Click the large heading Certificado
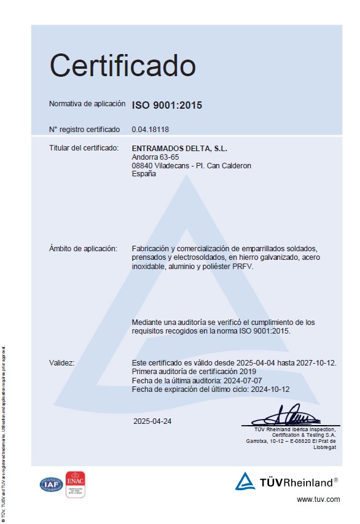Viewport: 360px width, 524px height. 122,66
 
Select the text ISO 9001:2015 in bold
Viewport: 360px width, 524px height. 166,106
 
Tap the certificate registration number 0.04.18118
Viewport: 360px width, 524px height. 150,130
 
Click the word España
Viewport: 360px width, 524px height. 144,174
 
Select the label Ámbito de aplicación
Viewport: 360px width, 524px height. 82,249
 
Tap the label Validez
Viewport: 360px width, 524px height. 61,363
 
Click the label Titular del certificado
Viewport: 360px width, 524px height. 83,149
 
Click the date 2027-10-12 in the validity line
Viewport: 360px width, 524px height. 317,363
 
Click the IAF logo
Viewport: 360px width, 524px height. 52,484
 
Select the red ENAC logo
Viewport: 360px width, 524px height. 75,483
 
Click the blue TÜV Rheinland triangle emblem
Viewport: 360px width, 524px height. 245,481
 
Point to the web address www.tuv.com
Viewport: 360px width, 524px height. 318,499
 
